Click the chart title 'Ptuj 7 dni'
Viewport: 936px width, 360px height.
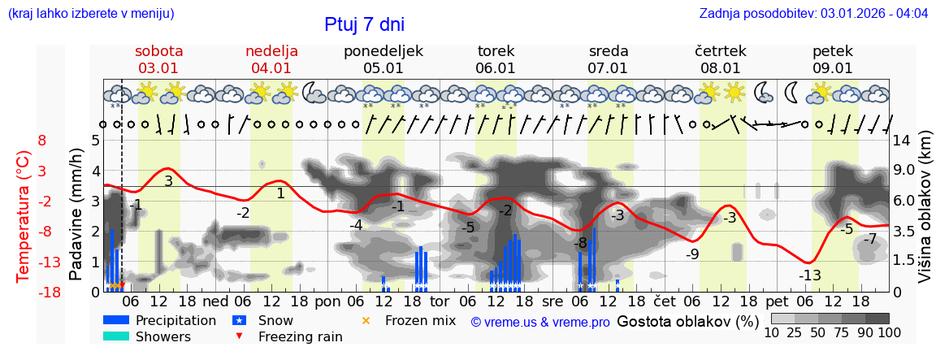(x=364, y=24)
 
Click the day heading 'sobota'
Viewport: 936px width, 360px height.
(x=158, y=51)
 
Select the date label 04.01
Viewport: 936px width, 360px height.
(x=271, y=68)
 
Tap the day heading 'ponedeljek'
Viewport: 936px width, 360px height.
(x=383, y=51)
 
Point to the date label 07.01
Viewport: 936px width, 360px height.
(x=608, y=68)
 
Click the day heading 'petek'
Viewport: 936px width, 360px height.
(x=833, y=51)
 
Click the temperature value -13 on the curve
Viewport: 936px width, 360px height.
(x=809, y=275)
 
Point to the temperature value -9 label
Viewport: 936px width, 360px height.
(x=691, y=254)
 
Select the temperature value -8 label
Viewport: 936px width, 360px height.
(x=579, y=243)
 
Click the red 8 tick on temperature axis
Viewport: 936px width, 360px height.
(x=42, y=141)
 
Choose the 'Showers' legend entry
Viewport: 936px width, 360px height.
(x=163, y=336)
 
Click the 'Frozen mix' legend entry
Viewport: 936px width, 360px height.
(x=420, y=320)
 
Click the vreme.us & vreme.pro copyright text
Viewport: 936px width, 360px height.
(x=540, y=322)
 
